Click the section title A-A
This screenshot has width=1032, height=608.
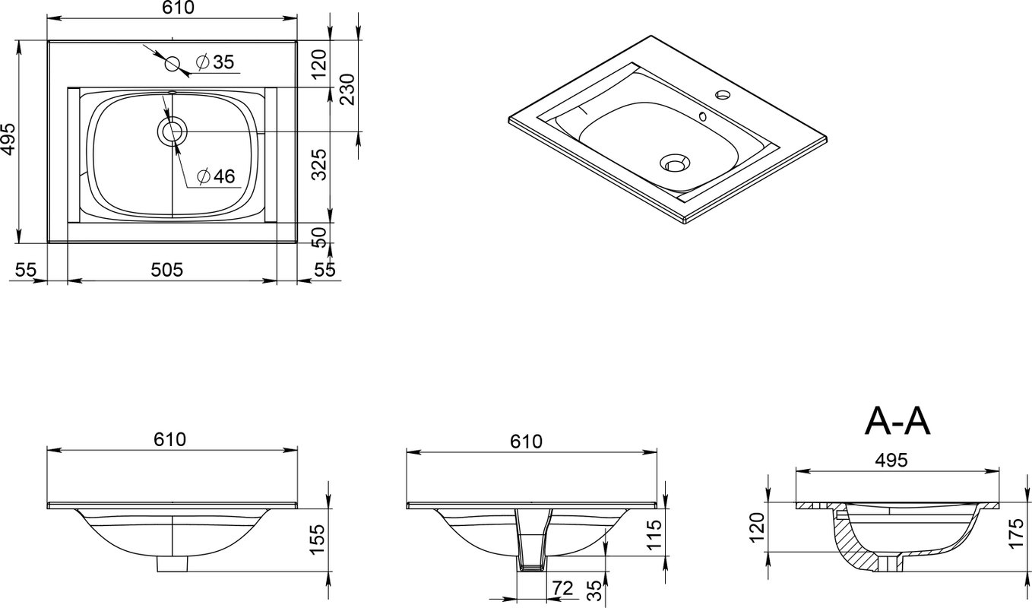click(897, 422)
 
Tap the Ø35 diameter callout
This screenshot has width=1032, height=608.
click(215, 62)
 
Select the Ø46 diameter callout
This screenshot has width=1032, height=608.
click(216, 176)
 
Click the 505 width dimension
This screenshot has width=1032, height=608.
click(167, 270)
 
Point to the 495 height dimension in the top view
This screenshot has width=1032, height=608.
click(9, 140)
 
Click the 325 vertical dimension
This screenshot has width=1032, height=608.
click(319, 164)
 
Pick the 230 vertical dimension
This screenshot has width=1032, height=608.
click(347, 90)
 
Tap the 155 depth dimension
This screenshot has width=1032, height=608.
click(318, 540)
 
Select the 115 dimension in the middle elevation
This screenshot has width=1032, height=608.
click(654, 534)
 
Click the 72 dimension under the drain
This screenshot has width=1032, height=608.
click(562, 588)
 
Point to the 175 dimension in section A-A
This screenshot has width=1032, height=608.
click(1016, 534)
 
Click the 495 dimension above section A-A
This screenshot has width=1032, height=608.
click(891, 460)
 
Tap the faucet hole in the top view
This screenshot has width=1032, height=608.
click(173, 64)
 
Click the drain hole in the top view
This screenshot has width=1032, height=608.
click(173, 131)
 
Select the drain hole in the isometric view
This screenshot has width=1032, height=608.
click(676, 163)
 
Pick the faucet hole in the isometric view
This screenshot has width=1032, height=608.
click(723, 95)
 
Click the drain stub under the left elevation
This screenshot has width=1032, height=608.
click(173, 564)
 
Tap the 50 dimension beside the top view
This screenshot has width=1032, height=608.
click(319, 237)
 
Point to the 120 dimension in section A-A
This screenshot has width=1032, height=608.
click(758, 527)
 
